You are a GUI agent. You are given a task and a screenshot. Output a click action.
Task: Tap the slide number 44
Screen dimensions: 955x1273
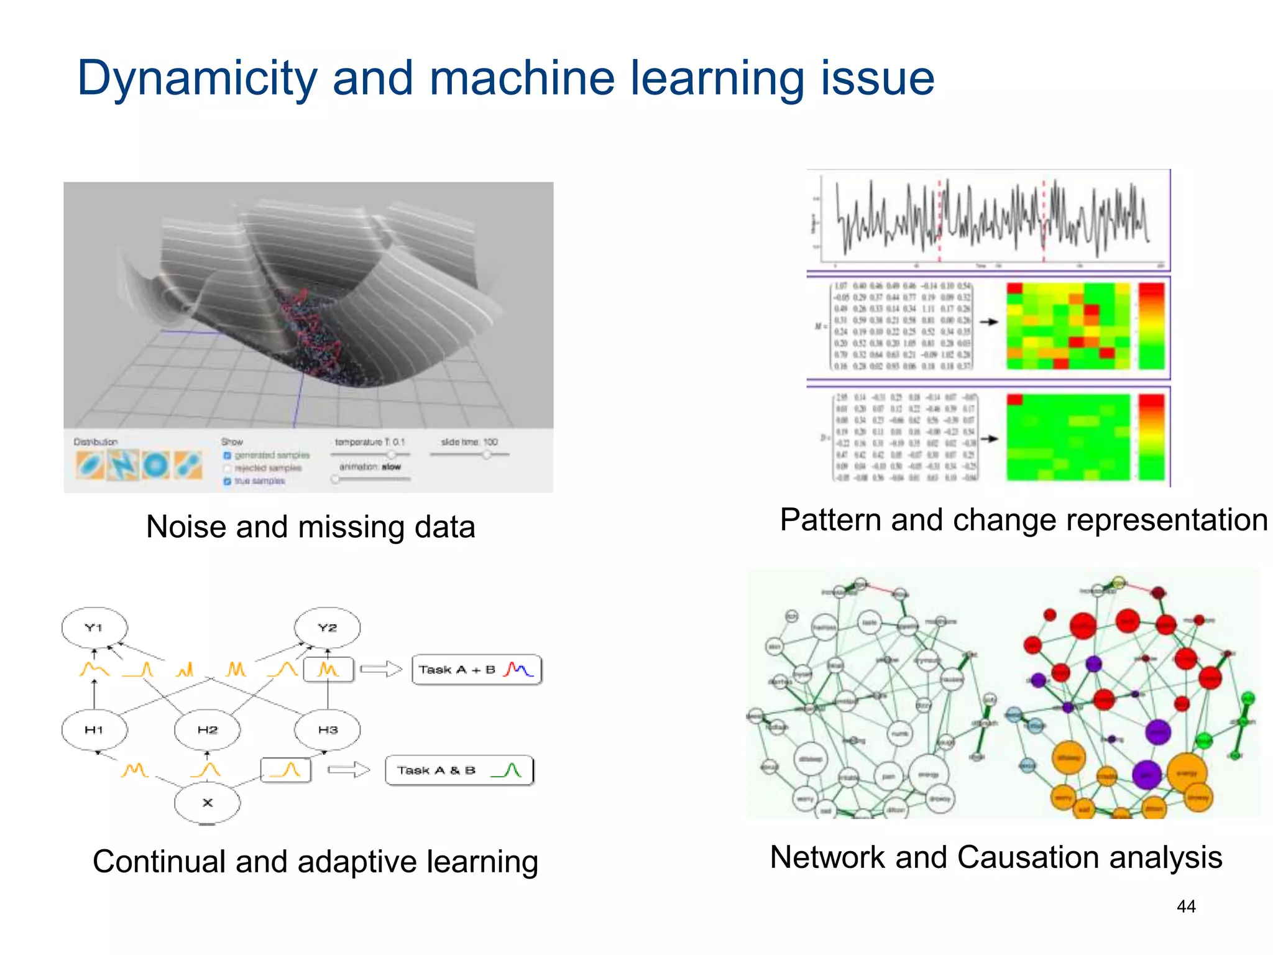[1186, 907]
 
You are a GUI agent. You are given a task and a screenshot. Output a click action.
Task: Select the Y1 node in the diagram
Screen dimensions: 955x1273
[94, 628]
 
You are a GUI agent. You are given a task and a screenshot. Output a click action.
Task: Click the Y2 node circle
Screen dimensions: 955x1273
[328, 628]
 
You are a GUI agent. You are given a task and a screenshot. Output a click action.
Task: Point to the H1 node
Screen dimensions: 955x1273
[94, 730]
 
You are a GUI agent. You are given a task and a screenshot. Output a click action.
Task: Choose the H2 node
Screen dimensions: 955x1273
[208, 730]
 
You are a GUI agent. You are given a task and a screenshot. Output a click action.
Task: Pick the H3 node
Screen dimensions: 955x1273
[328, 730]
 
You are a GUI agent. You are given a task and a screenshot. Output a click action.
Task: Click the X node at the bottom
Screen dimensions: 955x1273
[208, 803]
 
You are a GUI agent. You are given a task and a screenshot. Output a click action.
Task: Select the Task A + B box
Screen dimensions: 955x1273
[477, 670]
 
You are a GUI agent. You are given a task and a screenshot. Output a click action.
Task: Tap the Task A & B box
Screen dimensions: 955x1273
[459, 770]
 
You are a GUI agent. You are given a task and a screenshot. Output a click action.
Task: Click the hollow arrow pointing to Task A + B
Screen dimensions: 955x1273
[381, 670]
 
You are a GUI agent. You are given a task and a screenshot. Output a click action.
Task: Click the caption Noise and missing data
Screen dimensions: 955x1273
[310, 527]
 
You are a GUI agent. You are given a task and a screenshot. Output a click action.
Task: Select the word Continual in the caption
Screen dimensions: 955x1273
[159, 862]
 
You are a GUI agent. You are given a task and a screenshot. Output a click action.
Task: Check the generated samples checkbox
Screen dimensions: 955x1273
[227, 456]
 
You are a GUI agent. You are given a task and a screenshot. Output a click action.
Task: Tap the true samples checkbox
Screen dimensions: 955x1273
[227, 481]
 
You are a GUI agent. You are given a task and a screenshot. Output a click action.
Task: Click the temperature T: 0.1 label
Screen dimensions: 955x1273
[370, 442]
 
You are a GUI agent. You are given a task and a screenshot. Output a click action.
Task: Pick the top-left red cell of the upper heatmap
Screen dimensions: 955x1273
[1014, 288]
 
